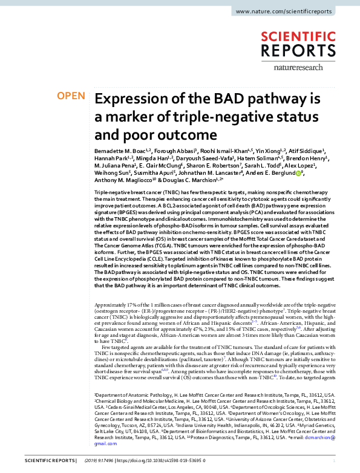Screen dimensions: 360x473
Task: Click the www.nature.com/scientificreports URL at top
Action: tap(293, 11)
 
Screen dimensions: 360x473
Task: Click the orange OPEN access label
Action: tap(71, 96)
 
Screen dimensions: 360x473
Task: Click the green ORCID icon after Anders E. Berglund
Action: tap(298, 172)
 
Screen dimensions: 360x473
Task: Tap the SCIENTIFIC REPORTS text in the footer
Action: tap(41, 461)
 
